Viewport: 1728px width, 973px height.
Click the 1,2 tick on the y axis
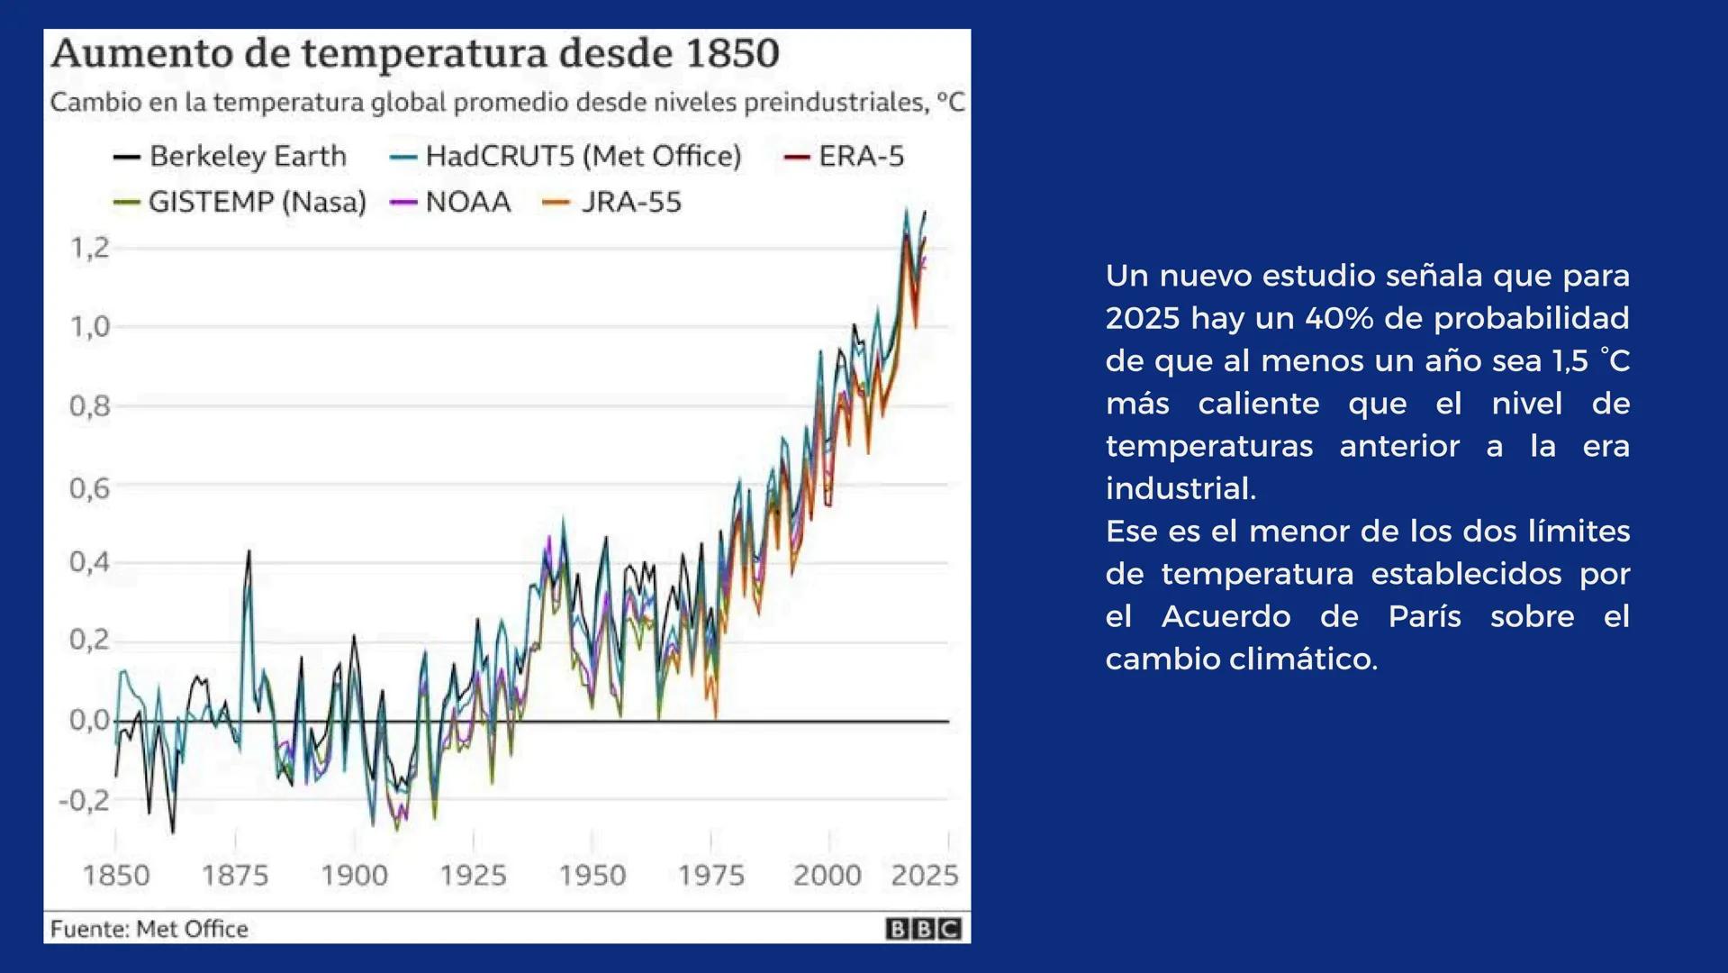[89, 248]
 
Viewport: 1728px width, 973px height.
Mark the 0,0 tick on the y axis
[89, 721]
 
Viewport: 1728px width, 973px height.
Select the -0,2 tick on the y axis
[84, 800]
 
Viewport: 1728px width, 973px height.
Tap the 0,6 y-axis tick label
[89, 488]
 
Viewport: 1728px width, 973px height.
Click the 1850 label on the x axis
[116, 875]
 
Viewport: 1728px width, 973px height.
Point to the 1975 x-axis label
[710, 875]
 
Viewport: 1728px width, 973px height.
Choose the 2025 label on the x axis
[924, 875]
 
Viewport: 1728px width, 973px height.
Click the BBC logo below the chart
[923, 929]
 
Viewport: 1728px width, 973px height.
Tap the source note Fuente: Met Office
[149, 929]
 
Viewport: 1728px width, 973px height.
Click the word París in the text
[1425, 616]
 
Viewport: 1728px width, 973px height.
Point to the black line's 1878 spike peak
[249, 552]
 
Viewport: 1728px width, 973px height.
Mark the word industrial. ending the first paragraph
[1181, 488]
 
